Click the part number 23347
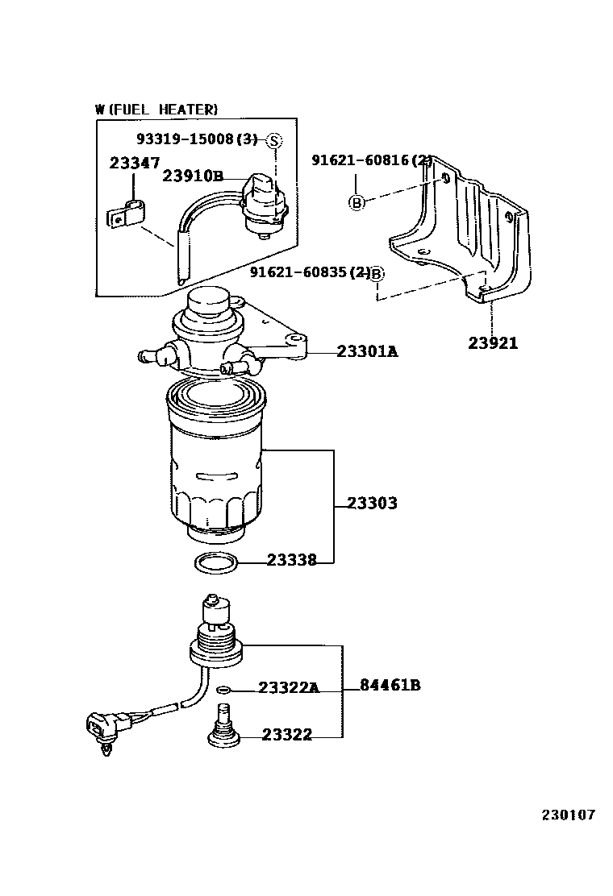coord(134,163)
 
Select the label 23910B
coord(192,176)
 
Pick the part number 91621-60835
coord(303,273)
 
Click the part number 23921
coord(493,343)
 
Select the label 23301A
coord(367,351)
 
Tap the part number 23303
coord(372,504)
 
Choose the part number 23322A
coord(288,687)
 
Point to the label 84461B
coord(390,687)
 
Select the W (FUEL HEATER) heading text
coord(156,110)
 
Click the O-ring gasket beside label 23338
coord(217,563)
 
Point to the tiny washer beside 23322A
coord(224,688)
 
